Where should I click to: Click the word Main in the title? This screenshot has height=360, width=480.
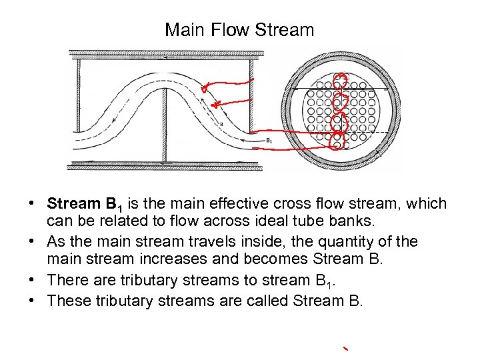(x=183, y=30)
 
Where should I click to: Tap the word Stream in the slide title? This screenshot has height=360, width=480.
(x=285, y=30)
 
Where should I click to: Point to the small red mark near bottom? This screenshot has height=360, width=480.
(x=345, y=349)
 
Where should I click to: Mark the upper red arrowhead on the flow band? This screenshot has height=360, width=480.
(x=205, y=87)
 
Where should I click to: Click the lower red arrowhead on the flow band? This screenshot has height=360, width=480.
(x=215, y=103)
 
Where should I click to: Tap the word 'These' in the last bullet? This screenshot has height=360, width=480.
(x=69, y=301)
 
